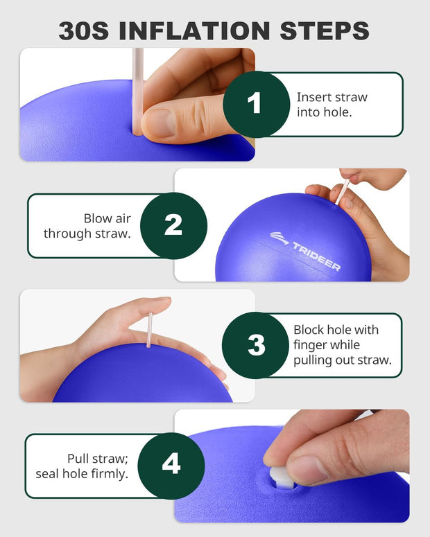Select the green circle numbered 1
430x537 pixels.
click(255, 105)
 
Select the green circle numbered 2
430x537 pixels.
click(173, 225)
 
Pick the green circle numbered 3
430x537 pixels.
click(256, 345)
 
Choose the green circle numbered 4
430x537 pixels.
click(171, 465)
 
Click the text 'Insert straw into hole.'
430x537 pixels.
click(332, 104)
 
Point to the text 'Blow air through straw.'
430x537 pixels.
click(87, 226)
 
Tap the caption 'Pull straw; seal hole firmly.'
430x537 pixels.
click(82, 466)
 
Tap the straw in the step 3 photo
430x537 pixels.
click(149, 329)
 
